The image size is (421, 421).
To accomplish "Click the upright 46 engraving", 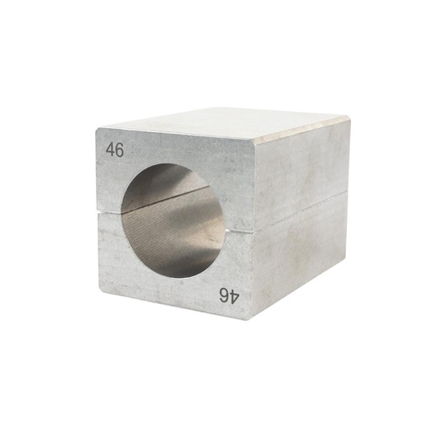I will tap(114, 149).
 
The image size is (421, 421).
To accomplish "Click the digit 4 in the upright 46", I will tap(109, 149).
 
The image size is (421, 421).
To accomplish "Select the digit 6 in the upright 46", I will tap(119, 149).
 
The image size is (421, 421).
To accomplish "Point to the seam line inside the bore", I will tap(168, 200).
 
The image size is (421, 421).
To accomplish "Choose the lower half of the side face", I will tap(299, 253).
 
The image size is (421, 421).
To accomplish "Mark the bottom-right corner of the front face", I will tap(250, 318).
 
